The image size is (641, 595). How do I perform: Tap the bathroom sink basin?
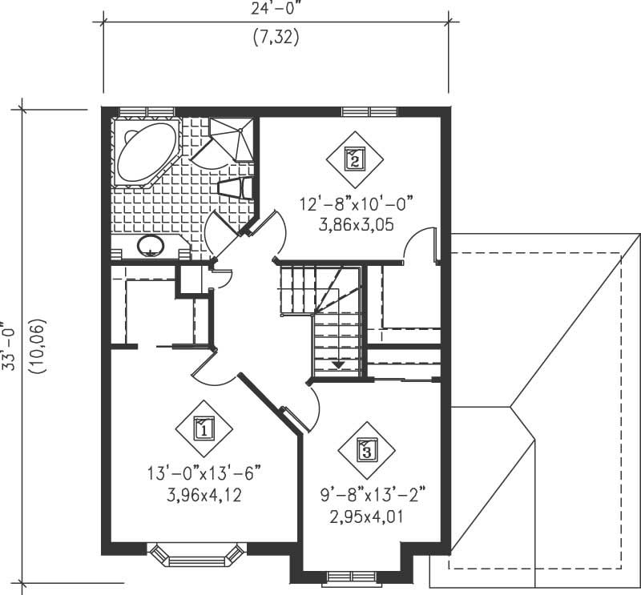[x=150, y=247]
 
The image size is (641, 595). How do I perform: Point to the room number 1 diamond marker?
[x=204, y=429]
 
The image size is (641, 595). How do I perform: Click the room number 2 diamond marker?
[x=354, y=159]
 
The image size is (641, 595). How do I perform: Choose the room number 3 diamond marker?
[x=366, y=450]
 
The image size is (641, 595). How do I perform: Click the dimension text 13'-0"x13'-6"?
[x=204, y=472]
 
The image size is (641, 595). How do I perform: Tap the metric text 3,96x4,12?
[x=204, y=495]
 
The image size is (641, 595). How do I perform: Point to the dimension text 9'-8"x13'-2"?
[x=371, y=495]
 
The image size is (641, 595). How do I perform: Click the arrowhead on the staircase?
[x=337, y=364]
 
